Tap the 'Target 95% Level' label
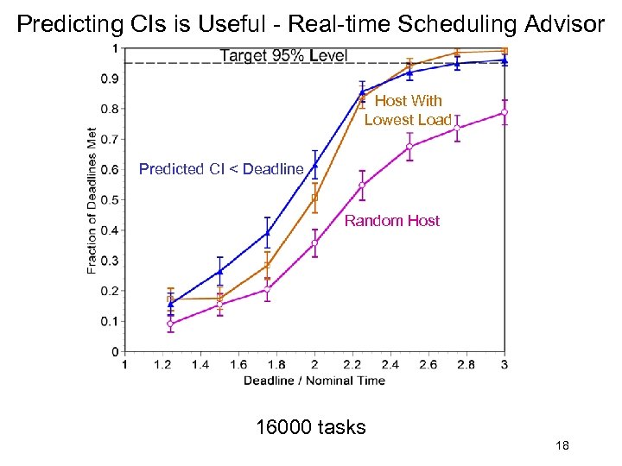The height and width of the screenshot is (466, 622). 283,56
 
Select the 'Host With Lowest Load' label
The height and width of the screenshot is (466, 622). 408,110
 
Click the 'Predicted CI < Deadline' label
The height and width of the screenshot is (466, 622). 221,169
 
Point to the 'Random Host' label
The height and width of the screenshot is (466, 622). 392,221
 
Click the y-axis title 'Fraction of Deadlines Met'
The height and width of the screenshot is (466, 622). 92,200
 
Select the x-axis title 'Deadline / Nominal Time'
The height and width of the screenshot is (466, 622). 314,381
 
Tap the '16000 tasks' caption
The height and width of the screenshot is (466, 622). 311,427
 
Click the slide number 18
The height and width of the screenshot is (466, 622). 562,446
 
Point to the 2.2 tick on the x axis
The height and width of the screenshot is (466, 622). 352,365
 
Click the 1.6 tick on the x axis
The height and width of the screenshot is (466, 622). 238,365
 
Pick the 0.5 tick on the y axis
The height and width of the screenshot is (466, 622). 110,200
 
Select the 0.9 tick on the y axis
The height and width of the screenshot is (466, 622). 110,79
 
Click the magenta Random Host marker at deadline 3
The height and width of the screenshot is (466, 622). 505,112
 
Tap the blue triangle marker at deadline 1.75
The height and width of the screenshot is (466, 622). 267,232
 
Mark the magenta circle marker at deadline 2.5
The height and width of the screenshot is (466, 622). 409,147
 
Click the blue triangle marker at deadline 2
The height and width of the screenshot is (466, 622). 314,165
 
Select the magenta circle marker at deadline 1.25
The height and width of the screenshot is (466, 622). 170,324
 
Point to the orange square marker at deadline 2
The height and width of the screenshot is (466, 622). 314,198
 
